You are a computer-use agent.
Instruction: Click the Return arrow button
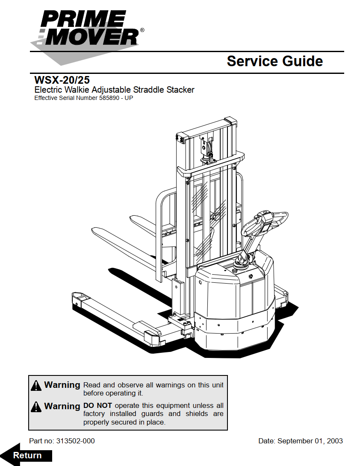coord(27,455)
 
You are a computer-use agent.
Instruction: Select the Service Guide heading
coord(274,61)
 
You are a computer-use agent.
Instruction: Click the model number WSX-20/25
coord(62,80)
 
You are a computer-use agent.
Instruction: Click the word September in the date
coord(297,441)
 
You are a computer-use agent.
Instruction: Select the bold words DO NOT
coord(97,405)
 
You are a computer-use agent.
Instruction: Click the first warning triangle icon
coord(36,386)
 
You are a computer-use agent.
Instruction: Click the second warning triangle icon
coord(36,407)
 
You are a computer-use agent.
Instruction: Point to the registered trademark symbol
coord(142,30)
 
